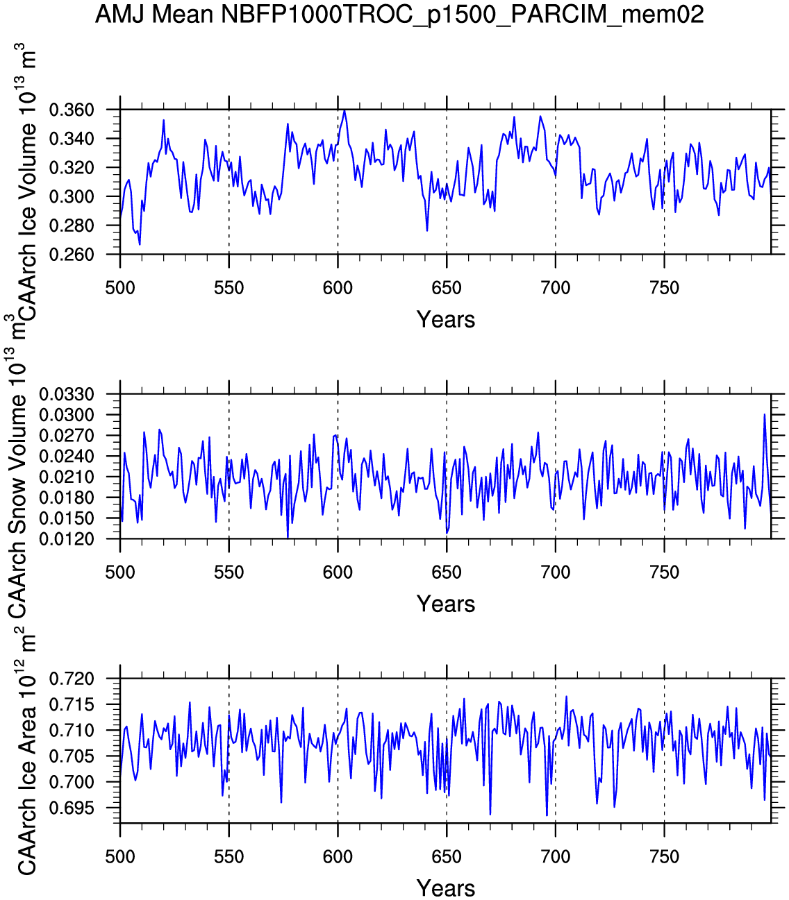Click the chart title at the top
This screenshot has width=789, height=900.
[399, 14]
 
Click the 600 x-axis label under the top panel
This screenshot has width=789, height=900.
[338, 288]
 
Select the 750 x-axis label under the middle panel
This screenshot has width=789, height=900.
[664, 572]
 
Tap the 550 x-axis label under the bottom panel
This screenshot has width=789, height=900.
[229, 857]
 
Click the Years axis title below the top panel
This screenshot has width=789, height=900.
[446, 320]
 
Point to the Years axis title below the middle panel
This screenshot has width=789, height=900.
[446, 604]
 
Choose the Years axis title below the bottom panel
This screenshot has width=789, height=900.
[446, 888]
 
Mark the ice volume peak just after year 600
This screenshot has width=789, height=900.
[344, 110]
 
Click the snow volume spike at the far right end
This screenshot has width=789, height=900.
[765, 414]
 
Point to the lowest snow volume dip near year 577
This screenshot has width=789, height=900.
[288, 537]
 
